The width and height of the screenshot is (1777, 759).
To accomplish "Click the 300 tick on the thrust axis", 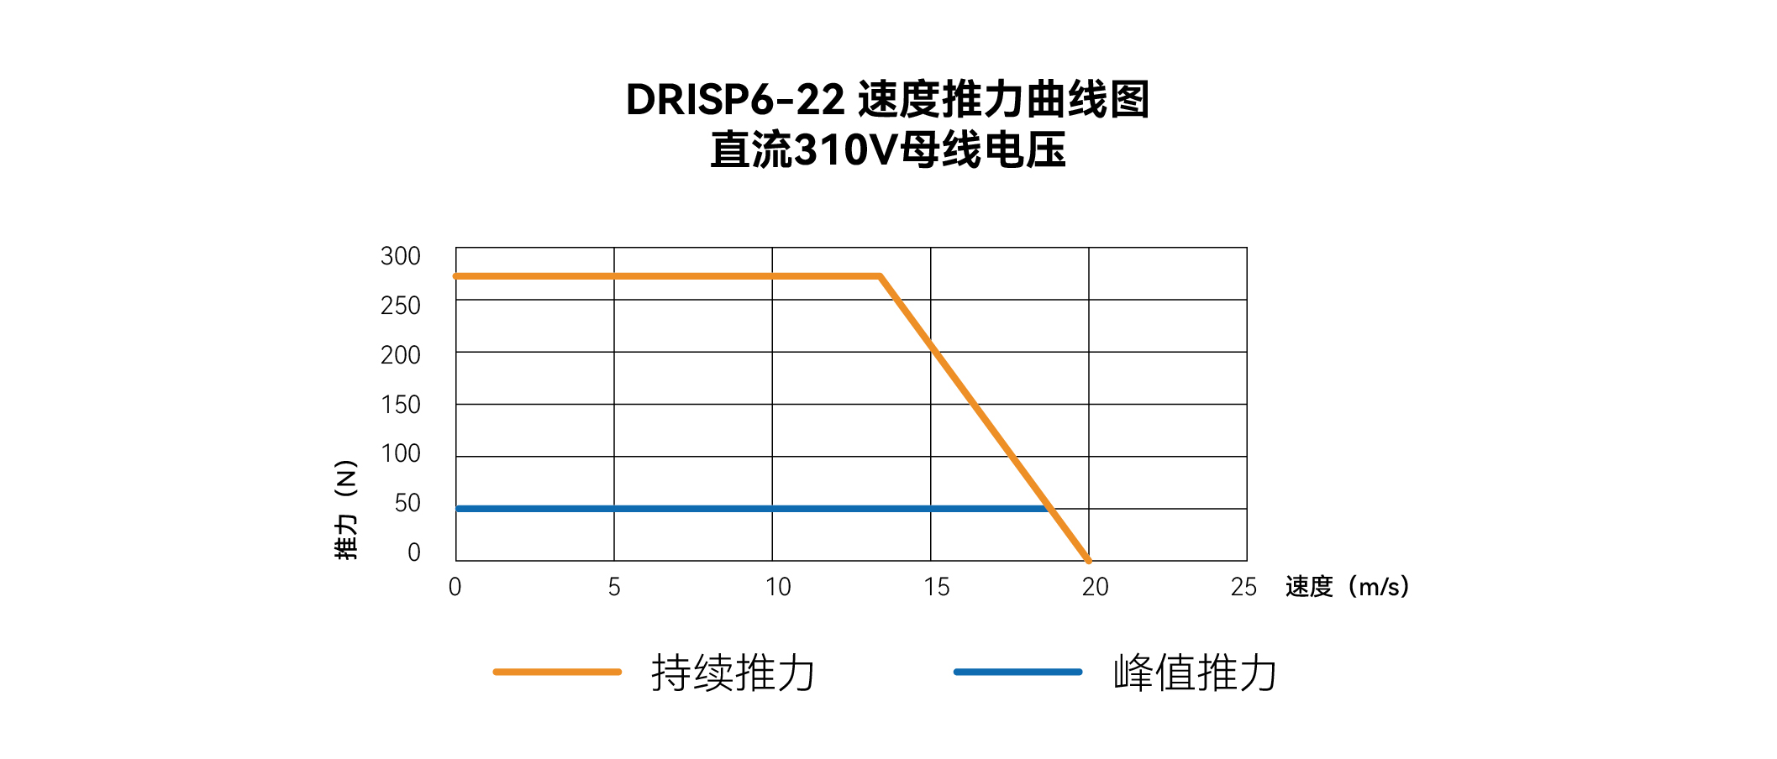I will tap(400, 256).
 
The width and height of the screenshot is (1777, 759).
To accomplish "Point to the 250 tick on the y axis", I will tap(400, 306).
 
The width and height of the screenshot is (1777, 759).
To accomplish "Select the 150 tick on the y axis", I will tap(400, 405).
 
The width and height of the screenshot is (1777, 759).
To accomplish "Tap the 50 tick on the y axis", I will tap(407, 503).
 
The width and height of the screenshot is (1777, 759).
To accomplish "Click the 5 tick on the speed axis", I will tap(614, 587).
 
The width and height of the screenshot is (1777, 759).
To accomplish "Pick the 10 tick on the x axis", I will tap(778, 587).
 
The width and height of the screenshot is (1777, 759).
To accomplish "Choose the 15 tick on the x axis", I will tap(936, 587).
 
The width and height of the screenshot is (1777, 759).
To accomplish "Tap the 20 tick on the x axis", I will tap(1095, 587).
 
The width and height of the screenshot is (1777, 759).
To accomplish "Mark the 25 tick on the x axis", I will tap(1243, 587).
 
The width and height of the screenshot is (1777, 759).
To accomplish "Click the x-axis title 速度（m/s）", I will tap(1347, 587).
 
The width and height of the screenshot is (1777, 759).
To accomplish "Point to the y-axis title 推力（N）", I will tap(346, 510).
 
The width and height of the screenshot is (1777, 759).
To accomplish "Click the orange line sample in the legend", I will tap(557, 672).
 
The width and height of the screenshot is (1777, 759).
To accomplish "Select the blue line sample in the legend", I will tap(1017, 672).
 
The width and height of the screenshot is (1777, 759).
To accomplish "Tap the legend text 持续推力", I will tap(733, 673).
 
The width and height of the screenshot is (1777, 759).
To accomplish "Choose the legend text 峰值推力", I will tap(1195, 673).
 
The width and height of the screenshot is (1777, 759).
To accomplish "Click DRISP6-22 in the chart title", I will tap(735, 100).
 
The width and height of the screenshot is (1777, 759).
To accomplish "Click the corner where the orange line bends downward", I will tap(880, 276).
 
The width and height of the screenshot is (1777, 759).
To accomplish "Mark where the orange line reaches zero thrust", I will tap(1089, 560).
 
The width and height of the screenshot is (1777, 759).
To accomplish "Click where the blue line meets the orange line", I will tap(1050, 509).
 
